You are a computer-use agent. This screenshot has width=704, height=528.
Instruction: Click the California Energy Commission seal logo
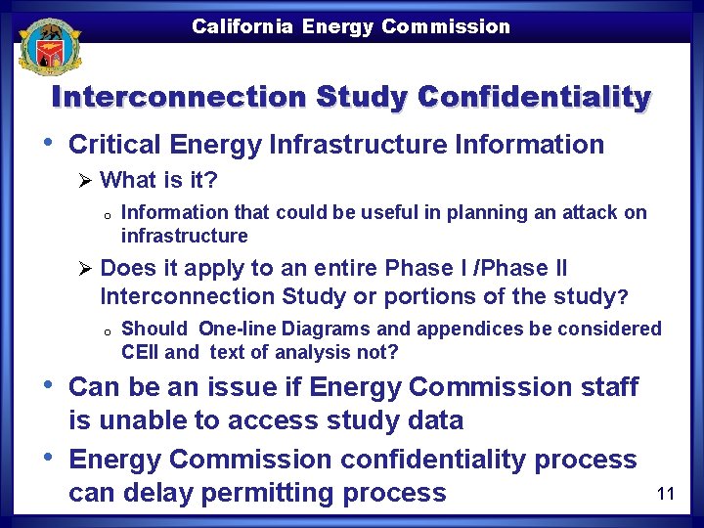point(48,45)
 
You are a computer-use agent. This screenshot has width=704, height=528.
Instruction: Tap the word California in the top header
point(242,26)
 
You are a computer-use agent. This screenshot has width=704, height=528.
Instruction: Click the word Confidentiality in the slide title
point(534,98)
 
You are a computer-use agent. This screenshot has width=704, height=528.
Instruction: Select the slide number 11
point(666,494)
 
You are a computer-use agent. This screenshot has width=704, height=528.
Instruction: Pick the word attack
point(593,213)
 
